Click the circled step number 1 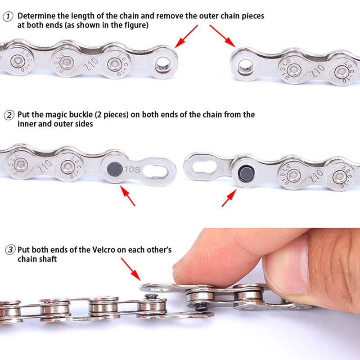point(8,17)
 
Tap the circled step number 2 point(9,115)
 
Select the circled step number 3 point(10,250)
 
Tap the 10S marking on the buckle point(132,170)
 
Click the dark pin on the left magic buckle point(115,169)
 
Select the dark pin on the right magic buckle point(246,174)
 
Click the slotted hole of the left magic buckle point(155,171)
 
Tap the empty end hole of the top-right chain point(245,67)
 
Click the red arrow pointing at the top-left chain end point(186,36)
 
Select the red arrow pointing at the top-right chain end point(222,36)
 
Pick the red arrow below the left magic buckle point(128,196)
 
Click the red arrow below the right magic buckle point(229,198)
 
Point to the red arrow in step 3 point(131,269)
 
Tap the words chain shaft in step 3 point(37,259)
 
